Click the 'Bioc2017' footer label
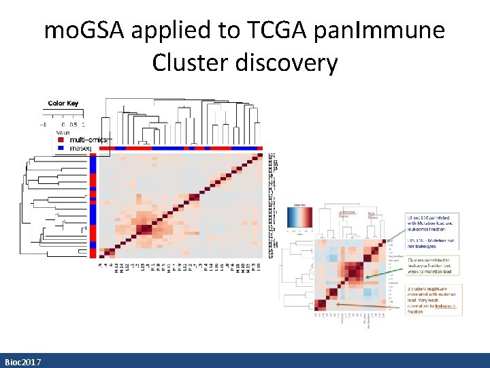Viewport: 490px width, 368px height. (22, 361)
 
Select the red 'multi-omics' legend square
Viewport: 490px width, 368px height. (61, 140)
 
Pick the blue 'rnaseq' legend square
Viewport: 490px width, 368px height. (61, 147)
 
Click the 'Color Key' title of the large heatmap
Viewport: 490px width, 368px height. (63, 104)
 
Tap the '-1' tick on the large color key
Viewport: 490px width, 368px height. (43, 125)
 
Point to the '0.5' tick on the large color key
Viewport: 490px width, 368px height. (73, 125)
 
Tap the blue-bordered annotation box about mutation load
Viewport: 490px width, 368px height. (434, 231)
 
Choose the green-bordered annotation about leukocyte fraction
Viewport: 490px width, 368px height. (434, 266)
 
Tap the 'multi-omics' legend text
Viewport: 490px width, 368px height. (83, 140)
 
